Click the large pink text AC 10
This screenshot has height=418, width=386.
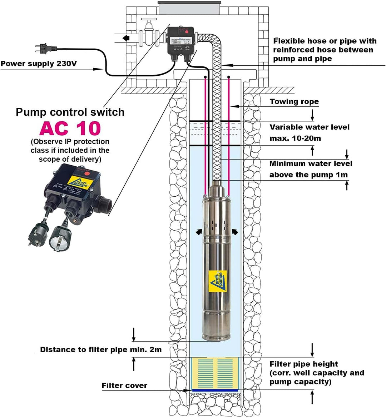70,129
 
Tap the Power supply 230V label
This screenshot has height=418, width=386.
39,64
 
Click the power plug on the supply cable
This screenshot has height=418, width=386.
45,48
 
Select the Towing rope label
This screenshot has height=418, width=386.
294,102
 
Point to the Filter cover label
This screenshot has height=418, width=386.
124,386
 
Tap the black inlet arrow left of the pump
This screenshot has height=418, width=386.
198,232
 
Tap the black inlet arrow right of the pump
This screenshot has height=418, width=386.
235,232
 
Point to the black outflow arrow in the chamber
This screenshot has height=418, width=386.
125,38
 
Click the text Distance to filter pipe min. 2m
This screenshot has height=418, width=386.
100,350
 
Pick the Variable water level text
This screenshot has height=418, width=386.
310,127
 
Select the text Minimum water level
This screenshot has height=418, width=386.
311,164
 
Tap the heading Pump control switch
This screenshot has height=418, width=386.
70,112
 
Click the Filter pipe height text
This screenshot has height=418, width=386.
303,364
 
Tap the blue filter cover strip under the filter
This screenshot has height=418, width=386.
215,390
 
